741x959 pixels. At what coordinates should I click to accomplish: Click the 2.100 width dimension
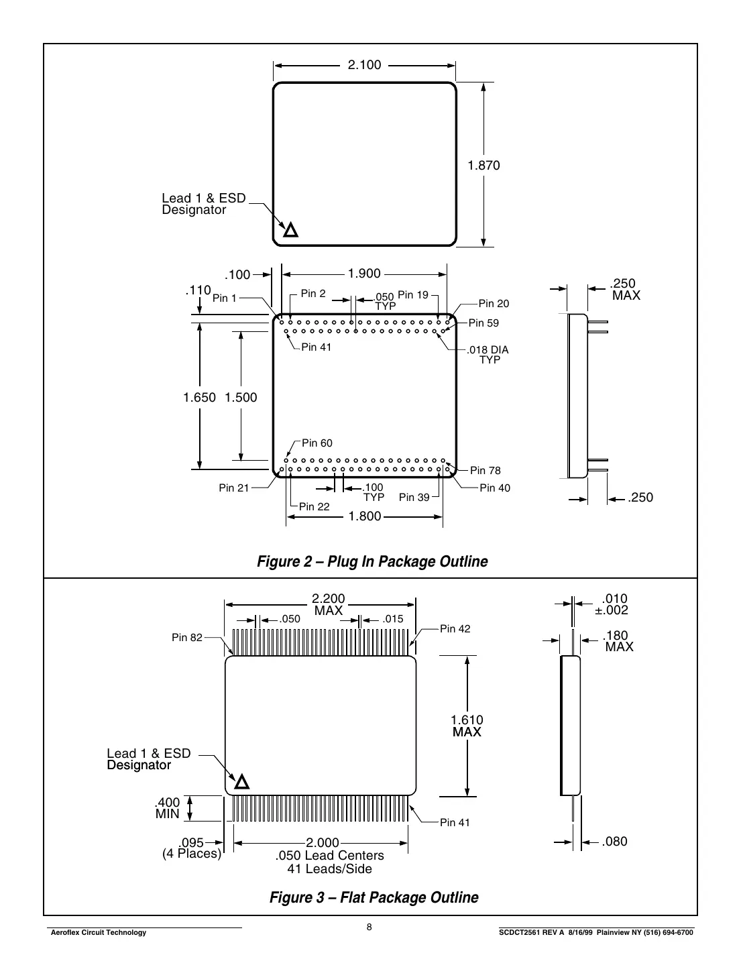tap(364, 65)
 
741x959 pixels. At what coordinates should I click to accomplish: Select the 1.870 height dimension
tap(483, 165)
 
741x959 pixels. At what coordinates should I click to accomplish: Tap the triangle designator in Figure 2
tap(290, 230)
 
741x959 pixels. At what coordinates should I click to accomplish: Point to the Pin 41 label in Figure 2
tap(316, 347)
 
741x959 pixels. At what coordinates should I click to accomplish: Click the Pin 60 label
tap(317, 443)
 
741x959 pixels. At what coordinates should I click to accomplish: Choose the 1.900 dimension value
tap(364, 274)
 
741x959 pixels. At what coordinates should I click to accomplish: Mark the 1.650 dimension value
tap(200, 398)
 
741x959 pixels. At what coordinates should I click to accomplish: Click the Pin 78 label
tap(485, 471)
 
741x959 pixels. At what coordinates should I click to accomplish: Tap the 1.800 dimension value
tap(364, 516)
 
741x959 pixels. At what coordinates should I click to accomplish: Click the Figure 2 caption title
tap(372, 561)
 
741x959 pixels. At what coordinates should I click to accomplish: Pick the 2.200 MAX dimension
tap(329, 604)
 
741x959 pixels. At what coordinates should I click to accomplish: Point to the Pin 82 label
tap(186, 638)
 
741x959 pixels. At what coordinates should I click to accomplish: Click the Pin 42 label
tap(455, 629)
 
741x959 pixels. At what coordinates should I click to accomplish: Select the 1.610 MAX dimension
tap(467, 726)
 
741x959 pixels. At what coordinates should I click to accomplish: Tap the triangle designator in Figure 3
tap(241, 781)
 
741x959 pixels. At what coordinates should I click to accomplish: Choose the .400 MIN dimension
tap(168, 808)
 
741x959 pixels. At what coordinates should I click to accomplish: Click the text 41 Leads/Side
tap(329, 869)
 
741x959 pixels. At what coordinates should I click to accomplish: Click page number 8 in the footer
tap(369, 927)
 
